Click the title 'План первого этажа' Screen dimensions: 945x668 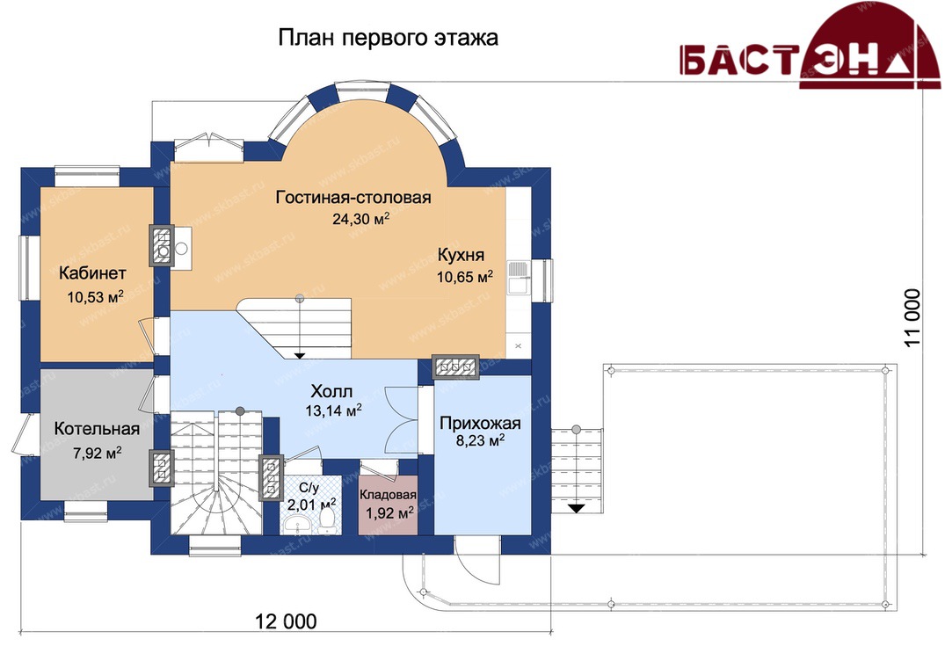[x=389, y=38]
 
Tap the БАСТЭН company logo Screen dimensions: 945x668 [x=810, y=49]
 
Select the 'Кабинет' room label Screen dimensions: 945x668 [x=92, y=272]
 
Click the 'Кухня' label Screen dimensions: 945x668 [x=461, y=255]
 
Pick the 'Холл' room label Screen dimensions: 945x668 [x=331, y=392]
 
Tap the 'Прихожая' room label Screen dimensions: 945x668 [x=480, y=423]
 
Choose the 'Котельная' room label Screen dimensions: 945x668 [x=97, y=429]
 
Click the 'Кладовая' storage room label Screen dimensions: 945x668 [x=389, y=495]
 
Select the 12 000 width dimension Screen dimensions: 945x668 [x=286, y=621]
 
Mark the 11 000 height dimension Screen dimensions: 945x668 [x=912, y=318]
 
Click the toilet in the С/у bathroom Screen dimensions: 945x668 [x=327, y=521]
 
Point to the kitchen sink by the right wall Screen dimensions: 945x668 [x=517, y=277]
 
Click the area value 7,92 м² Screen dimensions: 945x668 [x=97, y=453]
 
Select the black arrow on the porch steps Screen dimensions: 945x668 [x=577, y=508]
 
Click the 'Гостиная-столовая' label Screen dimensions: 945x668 [x=353, y=198]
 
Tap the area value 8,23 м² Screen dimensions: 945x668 [x=480, y=441]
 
